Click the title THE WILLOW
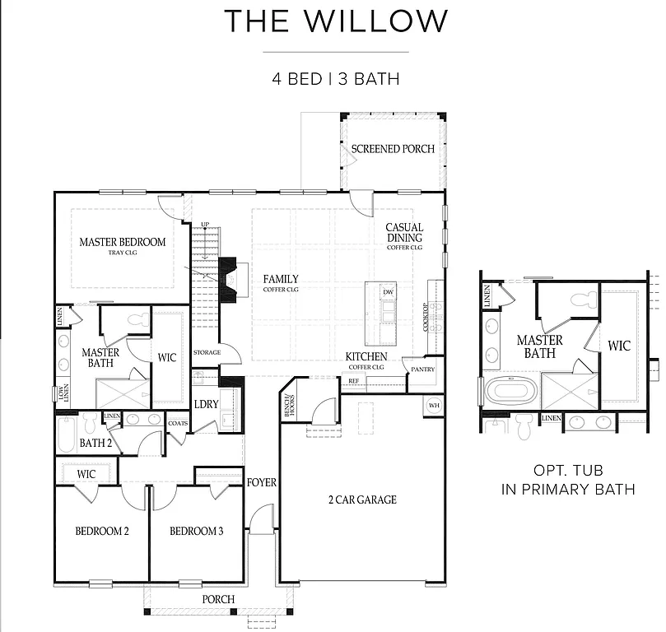tap(337, 21)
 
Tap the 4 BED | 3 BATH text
tap(336, 79)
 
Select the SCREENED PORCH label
tap(393, 149)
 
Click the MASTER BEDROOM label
tap(122, 243)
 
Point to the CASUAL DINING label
tap(404, 233)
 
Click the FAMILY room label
tap(281, 280)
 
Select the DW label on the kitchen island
tap(389, 292)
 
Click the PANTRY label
tap(423, 369)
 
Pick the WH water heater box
tap(434, 405)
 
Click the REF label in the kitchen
tap(353, 381)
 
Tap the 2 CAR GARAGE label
tap(362, 500)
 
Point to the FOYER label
tap(262, 482)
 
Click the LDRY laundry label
tap(206, 404)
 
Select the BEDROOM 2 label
tap(102, 531)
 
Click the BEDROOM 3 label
tap(196, 531)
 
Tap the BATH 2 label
tap(95, 443)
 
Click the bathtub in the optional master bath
tap(510, 390)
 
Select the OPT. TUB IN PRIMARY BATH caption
tap(568, 480)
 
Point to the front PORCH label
tap(218, 599)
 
